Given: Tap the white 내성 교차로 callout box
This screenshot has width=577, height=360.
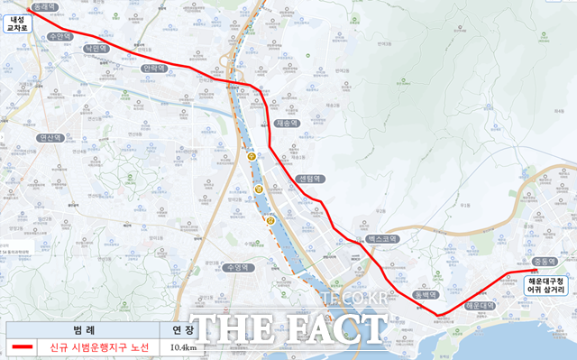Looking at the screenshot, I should (x=18, y=23).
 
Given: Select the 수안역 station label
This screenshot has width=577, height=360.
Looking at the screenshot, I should (x=60, y=37).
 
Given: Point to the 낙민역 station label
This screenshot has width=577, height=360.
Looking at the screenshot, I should (x=95, y=49).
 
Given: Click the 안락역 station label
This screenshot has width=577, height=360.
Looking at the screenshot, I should (x=154, y=68).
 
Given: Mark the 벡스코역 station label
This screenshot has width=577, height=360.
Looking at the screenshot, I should (x=382, y=239).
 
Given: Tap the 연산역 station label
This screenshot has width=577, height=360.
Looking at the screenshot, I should (x=50, y=139).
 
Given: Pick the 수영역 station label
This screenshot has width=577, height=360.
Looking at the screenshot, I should (x=238, y=268).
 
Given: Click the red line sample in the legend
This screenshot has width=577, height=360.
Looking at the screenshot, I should (x=24, y=347).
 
